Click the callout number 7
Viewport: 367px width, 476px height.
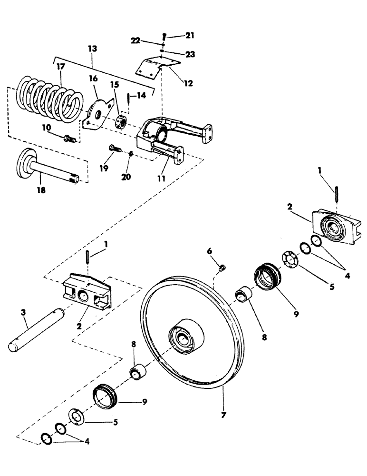point(223,415)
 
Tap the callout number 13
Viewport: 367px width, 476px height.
point(92,49)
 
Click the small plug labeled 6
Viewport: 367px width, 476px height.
point(221,269)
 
